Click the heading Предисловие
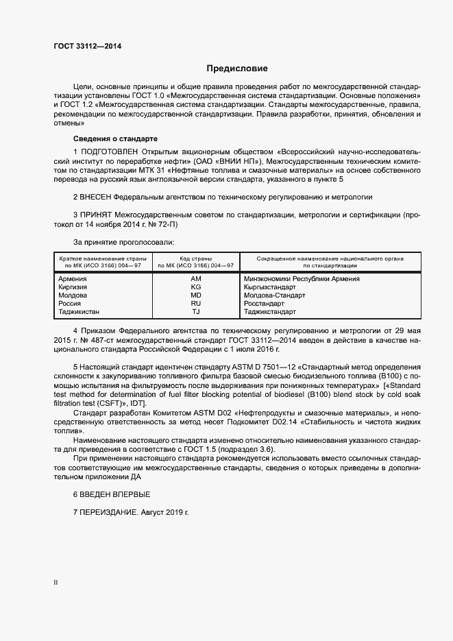tap(237, 69)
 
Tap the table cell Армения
tap(73, 279)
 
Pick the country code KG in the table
tap(195, 287)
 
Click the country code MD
tap(195, 295)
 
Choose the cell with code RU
tap(195, 303)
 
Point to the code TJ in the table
tap(195, 311)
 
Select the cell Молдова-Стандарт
tap(275, 295)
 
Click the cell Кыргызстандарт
tap(270, 287)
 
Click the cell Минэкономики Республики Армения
tap(302, 279)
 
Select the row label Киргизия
tap(74, 287)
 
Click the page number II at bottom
tap(56, 583)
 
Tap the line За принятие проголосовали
tap(124, 242)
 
